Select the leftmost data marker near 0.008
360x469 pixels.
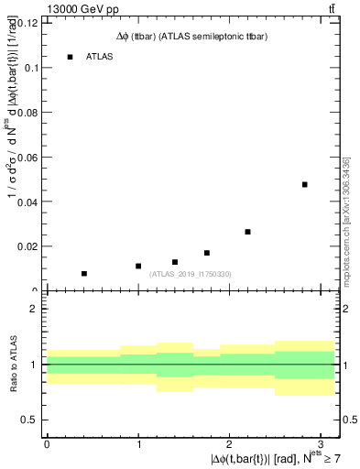84,273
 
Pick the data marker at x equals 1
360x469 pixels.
138,266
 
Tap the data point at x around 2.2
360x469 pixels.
248,232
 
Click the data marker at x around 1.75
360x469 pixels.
207,253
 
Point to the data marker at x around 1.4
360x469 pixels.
175,262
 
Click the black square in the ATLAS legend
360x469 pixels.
70,57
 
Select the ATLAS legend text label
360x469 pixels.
99,57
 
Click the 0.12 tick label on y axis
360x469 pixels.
28,24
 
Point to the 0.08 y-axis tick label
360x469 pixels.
28,113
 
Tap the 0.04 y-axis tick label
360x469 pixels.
28,202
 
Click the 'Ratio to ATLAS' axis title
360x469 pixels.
12,364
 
